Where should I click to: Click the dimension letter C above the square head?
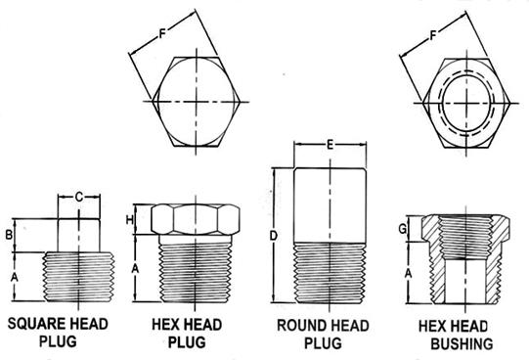[78, 197]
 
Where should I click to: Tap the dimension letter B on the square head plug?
[9, 235]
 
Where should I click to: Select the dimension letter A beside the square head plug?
[14, 277]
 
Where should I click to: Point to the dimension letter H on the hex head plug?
[129, 220]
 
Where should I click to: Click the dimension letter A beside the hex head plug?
[135, 269]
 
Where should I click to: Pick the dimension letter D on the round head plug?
[273, 236]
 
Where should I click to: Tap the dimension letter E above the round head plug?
[330, 145]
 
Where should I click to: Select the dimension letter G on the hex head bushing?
[402, 229]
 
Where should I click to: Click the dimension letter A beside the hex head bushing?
[408, 273]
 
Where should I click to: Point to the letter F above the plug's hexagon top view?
[162, 34]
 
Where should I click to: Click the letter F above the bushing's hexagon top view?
[433, 35]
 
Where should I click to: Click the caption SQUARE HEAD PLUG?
[58, 333]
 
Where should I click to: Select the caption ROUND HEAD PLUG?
[323, 334]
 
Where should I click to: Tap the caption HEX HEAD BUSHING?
[456, 335]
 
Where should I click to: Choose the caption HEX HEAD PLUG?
[187, 333]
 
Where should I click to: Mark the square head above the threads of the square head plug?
[78, 235]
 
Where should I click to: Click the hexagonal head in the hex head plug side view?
[196, 219]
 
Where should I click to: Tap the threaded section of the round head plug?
[330, 273]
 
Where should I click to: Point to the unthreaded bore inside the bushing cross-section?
[465, 281]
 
